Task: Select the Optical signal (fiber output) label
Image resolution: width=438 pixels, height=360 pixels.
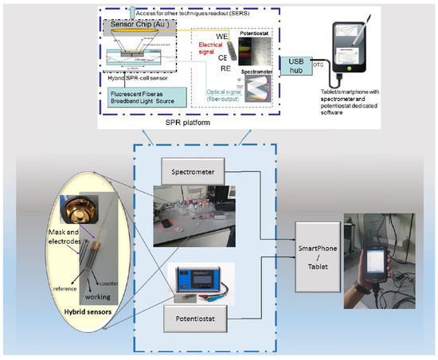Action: [x=212, y=89]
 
